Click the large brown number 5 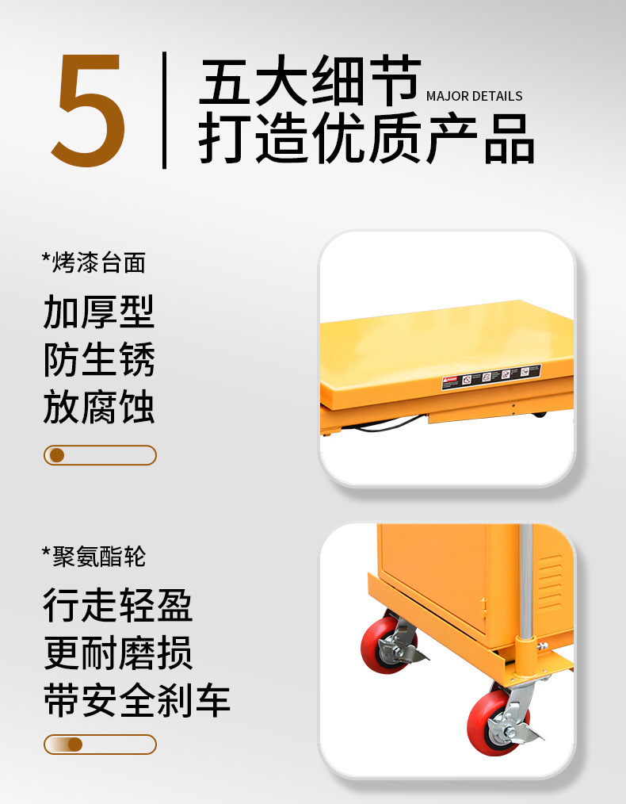tap(90, 110)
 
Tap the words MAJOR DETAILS tap(474, 96)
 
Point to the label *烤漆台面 tap(94, 262)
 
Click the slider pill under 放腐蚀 tap(100, 455)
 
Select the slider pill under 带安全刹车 tap(100, 745)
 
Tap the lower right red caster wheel tap(488, 721)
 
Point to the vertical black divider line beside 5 tap(164, 110)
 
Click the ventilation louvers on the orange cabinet tap(550, 582)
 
